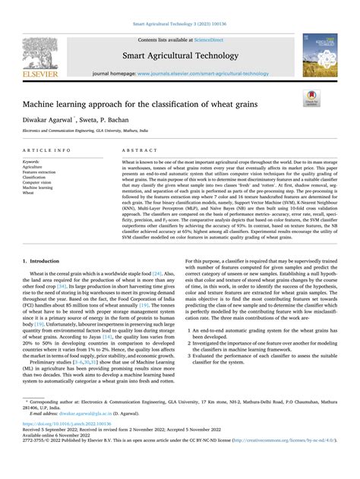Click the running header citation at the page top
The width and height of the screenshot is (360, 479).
[x=180, y=25]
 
